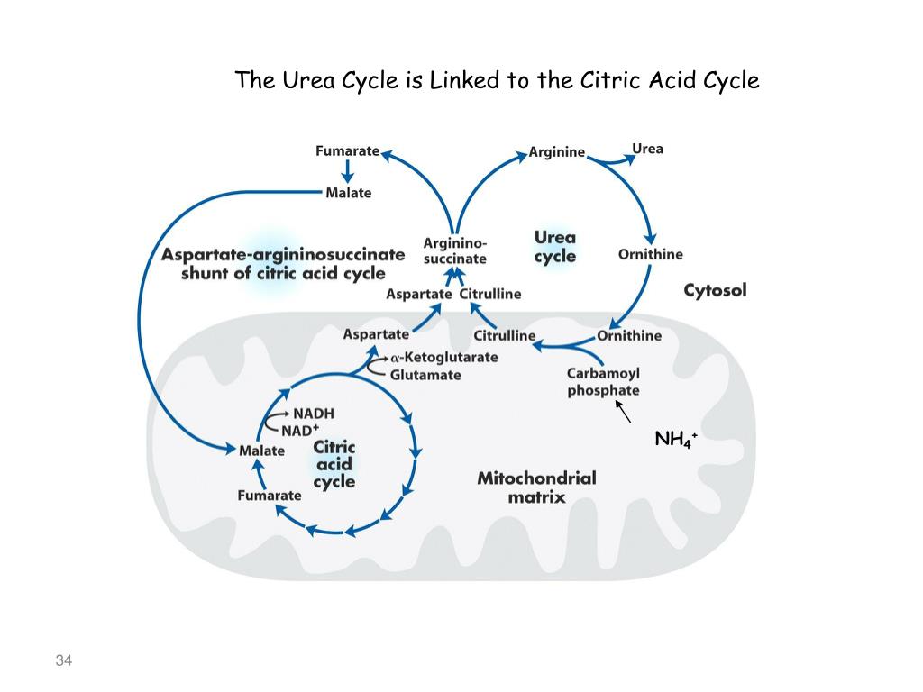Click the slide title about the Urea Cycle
point(497,81)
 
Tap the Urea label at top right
point(647,149)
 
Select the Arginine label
point(556,152)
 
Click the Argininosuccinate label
point(455,250)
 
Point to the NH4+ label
point(675,440)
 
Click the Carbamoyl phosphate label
point(603,382)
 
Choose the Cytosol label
point(715,290)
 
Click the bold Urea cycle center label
point(554,246)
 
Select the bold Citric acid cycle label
point(334,464)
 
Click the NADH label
point(313,414)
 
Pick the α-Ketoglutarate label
point(443,357)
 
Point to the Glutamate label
point(425,375)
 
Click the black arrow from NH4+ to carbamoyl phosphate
point(623,412)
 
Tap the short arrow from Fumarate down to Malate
point(347,171)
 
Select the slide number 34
point(63,661)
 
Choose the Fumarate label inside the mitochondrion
point(269,496)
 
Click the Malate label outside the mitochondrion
point(348,193)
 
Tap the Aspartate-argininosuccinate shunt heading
point(283,264)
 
